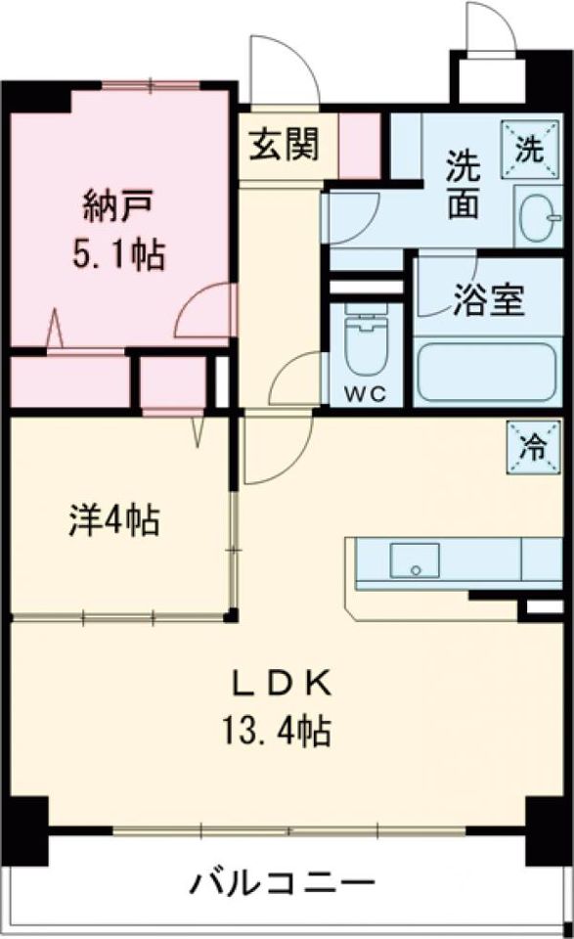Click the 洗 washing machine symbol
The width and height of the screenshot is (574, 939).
(528, 151)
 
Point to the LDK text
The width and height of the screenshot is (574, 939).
(283, 683)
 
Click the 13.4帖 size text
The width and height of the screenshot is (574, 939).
(283, 729)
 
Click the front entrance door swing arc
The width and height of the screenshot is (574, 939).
(281, 70)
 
